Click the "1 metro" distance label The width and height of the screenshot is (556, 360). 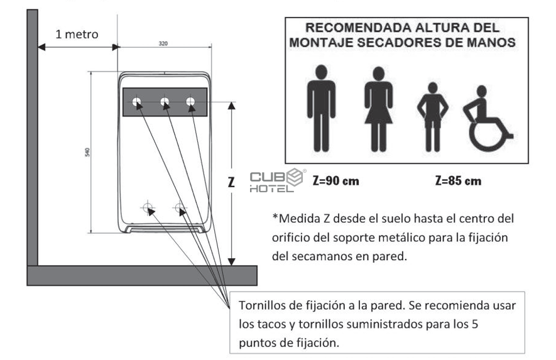(x=77, y=35)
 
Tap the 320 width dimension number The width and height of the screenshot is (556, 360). (x=163, y=43)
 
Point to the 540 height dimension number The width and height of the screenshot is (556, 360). (x=87, y=152)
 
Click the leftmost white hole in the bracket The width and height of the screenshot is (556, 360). (x=136, y=102)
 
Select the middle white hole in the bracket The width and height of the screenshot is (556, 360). (x=165, y=102)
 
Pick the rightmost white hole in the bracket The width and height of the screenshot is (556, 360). (x=190, y=102)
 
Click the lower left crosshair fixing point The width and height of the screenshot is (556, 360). (x=148, y=207)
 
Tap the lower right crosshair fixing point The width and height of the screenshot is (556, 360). (x=180, y=207)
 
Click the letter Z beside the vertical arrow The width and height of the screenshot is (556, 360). (x=231, y=182)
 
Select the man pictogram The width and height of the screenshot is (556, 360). (x=321, y=108)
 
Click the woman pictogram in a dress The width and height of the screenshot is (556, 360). (x=379, y=109)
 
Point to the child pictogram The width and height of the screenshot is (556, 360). (x=433, y=117)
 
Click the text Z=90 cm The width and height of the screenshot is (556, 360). (x=335, y=181)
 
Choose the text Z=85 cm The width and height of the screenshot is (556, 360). (x=458, y=181)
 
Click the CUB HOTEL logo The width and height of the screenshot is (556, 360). (x=277, y=180)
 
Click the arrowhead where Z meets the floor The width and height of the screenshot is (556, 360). (x=232, y=262)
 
